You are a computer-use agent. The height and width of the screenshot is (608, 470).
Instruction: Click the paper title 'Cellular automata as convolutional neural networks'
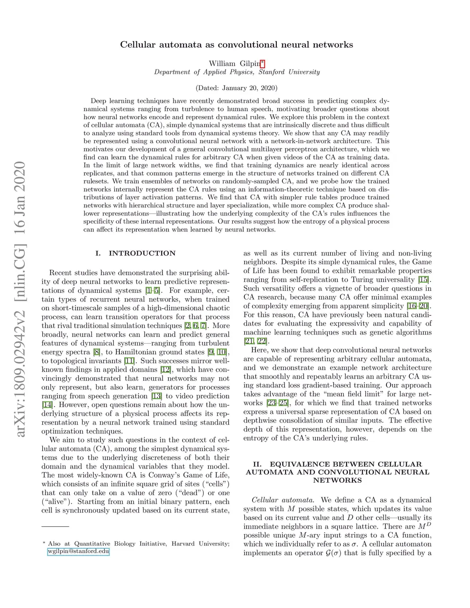point(236,45)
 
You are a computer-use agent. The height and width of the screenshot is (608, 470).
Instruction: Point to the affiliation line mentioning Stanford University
point(237,72)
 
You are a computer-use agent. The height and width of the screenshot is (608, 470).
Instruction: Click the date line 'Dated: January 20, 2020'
point(236,88)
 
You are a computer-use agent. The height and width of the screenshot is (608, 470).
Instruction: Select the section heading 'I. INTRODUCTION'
point(135,253)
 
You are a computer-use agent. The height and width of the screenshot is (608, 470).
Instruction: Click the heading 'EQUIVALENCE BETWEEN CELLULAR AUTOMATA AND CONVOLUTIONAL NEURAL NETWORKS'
point(337,472)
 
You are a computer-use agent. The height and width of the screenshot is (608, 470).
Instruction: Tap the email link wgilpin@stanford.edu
point(78,552)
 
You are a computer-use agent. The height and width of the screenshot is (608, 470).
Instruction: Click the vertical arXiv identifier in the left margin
point(20,298)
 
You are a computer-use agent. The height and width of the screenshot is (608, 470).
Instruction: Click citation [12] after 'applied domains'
point(165,370)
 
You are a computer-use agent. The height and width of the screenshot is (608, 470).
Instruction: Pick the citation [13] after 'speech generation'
point(157,396)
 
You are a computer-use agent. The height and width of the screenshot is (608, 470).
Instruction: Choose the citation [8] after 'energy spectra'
point(97,352)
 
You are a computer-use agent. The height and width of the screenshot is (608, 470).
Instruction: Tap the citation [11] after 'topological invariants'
point(129,361)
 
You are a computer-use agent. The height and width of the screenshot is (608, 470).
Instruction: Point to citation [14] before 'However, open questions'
point(47,405)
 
